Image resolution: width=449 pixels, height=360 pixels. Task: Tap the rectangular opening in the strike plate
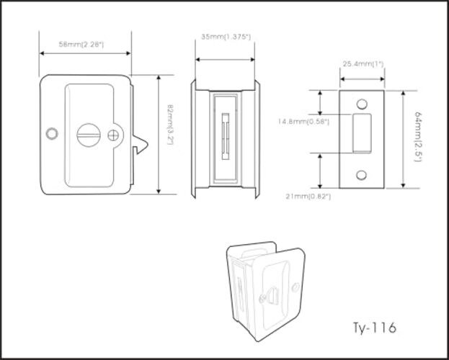tap(363, 132)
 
